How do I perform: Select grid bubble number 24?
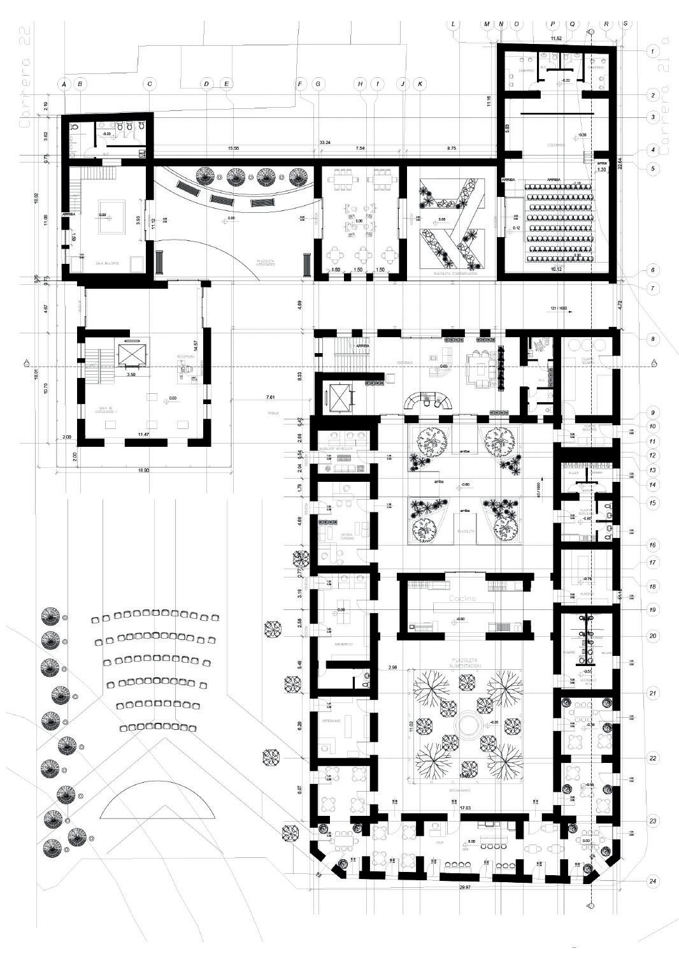click(652, 882)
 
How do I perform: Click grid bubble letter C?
click(150, 83)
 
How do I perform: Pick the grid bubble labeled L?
click(454, 24)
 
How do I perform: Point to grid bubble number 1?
click(652, 50)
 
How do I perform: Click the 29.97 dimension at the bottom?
click(468, 887)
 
